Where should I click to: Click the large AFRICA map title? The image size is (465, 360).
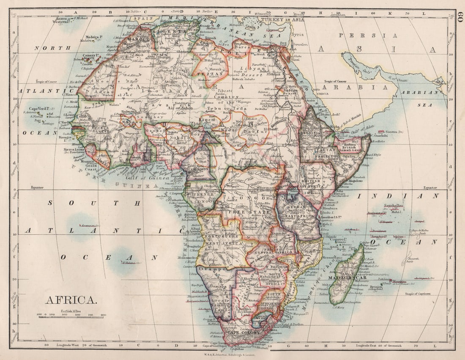coord(71,300)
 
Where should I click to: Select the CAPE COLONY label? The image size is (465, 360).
coord(242,333)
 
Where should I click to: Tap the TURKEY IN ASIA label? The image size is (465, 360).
coord(283,19)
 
